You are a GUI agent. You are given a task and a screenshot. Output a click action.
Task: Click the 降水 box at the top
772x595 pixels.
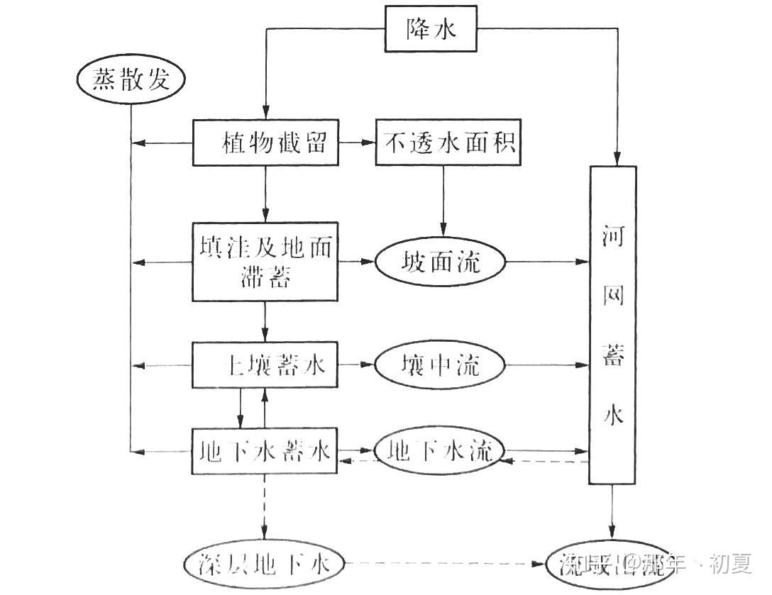pyautogui.click(x=431, y=29)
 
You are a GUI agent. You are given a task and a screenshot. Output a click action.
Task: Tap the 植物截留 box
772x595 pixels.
pyautogui.click(x=265, y=143)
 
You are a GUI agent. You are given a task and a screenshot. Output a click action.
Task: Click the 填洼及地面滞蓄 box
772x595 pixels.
pyautogui.click(x=265, y=262)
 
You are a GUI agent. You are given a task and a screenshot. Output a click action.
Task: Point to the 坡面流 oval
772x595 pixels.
pyautogui.click(x=440, y=262)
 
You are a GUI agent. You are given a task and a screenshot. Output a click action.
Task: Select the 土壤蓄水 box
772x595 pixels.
pyautogui.click(x=265, y=365)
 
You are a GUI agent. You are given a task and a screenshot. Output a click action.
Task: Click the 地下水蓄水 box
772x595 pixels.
pyautogui.click(x=265, y=451)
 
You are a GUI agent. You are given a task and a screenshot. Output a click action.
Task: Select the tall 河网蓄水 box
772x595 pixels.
pyautogui.click(x=613, y=325)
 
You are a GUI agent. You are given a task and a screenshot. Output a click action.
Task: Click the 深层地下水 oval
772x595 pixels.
pyautogui.click(x=264, y=565)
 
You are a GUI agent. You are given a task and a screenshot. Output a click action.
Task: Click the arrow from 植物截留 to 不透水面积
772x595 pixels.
pyautogui.click(x=356, y=143)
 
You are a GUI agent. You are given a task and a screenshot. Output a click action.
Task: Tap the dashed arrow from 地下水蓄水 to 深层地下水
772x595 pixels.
pyautogui.click(x=265, y=508)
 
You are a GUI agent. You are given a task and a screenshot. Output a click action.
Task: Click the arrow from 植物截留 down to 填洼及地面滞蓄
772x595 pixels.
pyautogui.click(x=265, y=194)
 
